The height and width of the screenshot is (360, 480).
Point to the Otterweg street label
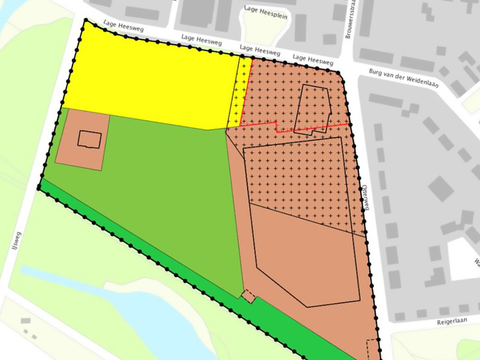365,198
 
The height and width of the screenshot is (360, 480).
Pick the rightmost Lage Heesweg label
313,60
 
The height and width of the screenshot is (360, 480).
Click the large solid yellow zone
150,84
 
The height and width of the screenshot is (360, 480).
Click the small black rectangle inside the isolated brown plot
90,140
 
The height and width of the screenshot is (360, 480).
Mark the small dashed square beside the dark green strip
248,296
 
